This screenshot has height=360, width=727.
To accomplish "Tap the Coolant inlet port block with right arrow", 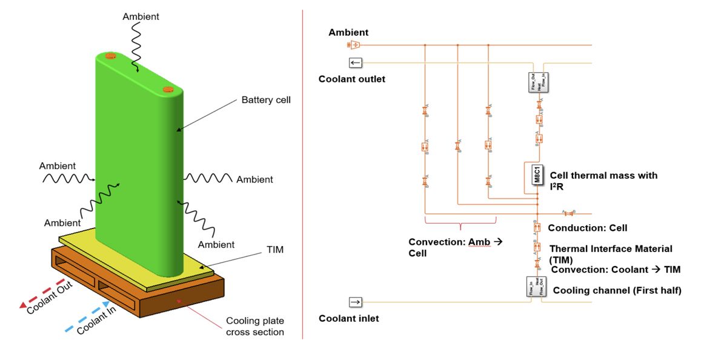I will tap(356, 302).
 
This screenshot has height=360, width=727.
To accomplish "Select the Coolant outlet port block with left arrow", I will tap(356, 62).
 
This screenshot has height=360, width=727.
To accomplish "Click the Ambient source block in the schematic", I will tap(354, 45).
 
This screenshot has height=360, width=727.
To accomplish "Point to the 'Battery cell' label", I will tap(266, 99).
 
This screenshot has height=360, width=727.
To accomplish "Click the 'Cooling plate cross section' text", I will tap(254, 326).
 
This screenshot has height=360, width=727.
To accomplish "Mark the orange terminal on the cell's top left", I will tap(110, 56).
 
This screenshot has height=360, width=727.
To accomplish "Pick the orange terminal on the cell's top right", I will tap(168, 90).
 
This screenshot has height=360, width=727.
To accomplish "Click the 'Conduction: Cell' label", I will tap(587, 228).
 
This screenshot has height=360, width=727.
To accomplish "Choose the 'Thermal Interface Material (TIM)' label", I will tap(610, 253).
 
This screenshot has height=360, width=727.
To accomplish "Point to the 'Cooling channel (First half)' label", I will tap(617, 290).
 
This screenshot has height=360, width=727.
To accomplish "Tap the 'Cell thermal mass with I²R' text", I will tap(603, 179).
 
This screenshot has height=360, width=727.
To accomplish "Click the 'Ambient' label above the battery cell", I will tap(141, 16).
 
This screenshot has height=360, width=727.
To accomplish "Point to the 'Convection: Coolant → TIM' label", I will tap(616, 270).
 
